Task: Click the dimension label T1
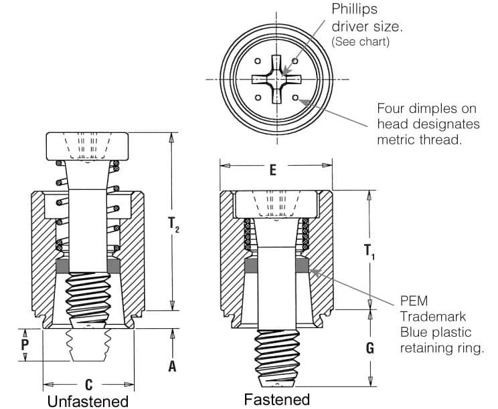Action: click(x=369, y=251)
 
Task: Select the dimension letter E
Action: click(x=272, y=170)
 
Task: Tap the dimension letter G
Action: click(x=369, y=348)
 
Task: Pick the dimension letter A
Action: click(x=172, y=366)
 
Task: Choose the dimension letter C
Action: click(x=88, y=385)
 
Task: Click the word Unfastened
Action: click(x=87, y=401)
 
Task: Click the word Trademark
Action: click(x=433, y=317)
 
